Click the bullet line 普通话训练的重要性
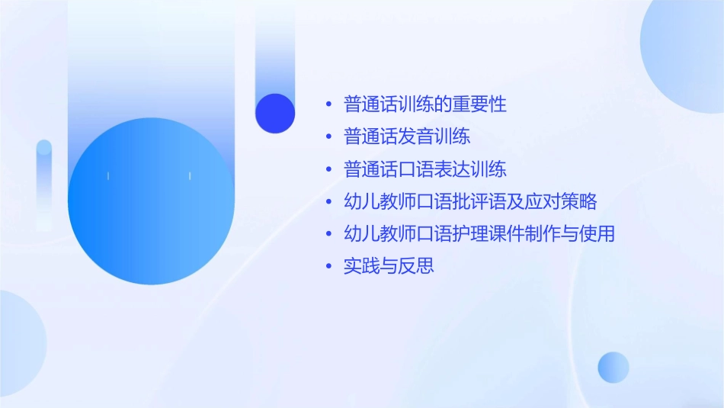pyautogui.click(x=425, y=104)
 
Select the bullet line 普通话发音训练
pyautogui.click(x=407, y=137)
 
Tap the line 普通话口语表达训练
pyautogui.click(x=425, y=169)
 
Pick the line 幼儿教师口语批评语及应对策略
pyautogui.click(x=470, y=201)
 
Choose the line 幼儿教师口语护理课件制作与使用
pyautogui.click(x=479, y=233)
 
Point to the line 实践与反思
pyautogui.click(x=389, y=266)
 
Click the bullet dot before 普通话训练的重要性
pyautogui.click(x=328, y=104)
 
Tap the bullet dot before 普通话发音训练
pyautogui.click(x=328, y=137)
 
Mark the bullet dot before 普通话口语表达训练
pyautogui.click(x=328, y=169)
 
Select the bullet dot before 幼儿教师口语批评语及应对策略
pyautogui.click(x=328, y=202)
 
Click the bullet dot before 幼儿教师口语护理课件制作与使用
pyautogui.click(x=328, y=234)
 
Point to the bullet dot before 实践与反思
pyautogui.click(x=328, y=267)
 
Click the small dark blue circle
pyautogui.click(x=275, y=113)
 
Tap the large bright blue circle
pyautogui.click(x=151, y=201)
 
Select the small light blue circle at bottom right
pyautogui.click(x=613, y=367)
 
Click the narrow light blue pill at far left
pyautogui.click(x=44, y=183)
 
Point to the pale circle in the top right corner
pyautogui.click(x=686, y=46)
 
